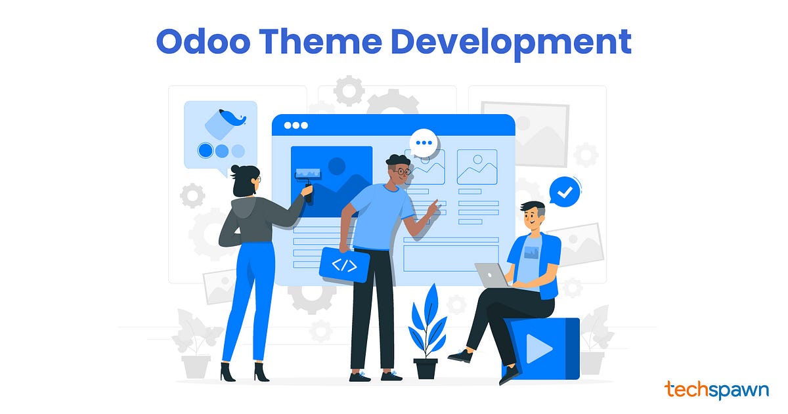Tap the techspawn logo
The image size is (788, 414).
coord(716,389)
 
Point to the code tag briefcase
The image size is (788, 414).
coord(344,264)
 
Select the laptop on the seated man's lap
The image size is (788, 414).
coord(492,275)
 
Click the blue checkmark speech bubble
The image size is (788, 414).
coord(565,192)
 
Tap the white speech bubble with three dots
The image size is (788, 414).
coord(426,142)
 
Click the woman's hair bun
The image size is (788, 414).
coord(236,172)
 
